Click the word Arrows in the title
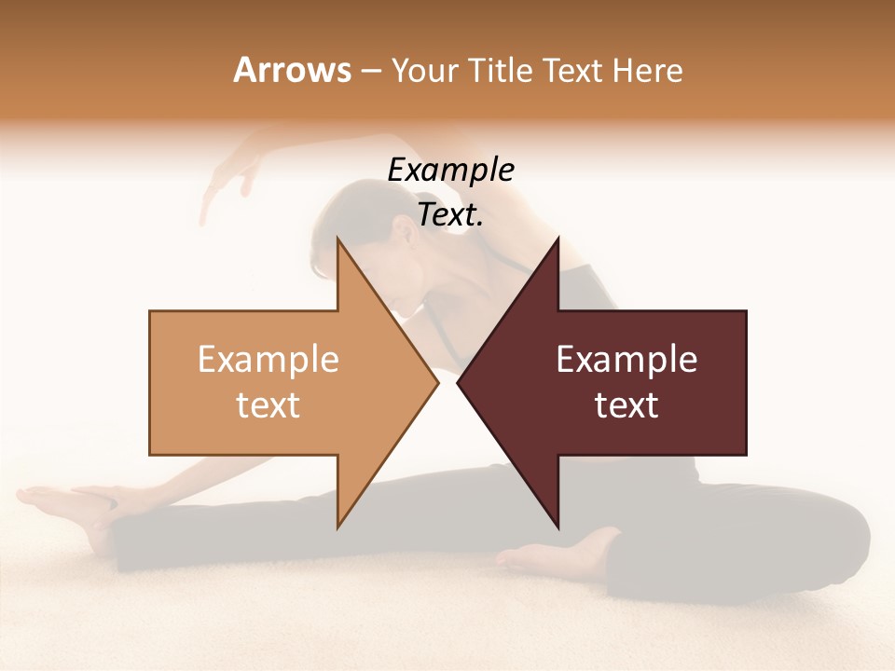pyautogui.click(x=292, y=70)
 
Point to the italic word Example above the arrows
pyautogui.click(x=450, y=171)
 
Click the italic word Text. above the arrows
pyautogui.click(x=450, y=215)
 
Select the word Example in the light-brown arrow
pyautogui.click(x=268, y=360)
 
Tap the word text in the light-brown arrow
pyautogui.click(x=268, y=405)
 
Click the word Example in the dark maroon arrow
pyautogui.click(x=626, y=360)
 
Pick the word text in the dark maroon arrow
pyautogui.click(x=626, y=405)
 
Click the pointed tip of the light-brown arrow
pyautogui.click(x=437, y=382)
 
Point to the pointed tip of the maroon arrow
pyautogui.click(x=459, y=382)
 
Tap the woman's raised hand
pyautogui.click(x=224, y=182)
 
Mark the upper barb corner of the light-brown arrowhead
pyautogui.click(x=337, y=239)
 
